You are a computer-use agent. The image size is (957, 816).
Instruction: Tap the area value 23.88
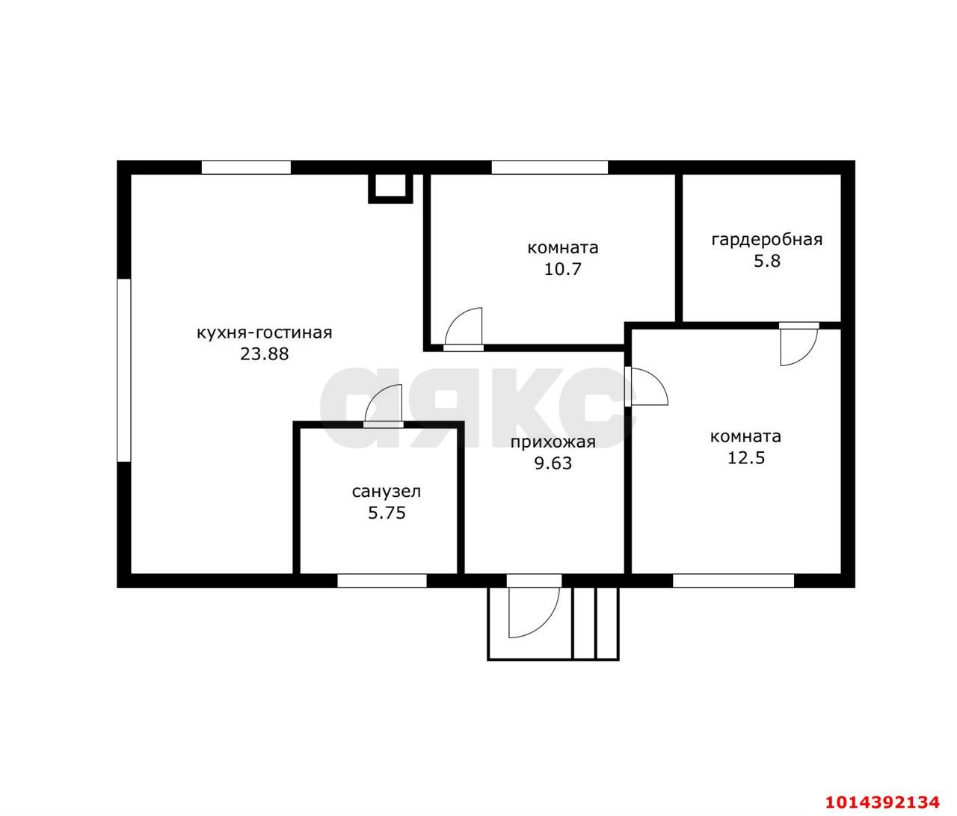click(x=265, y=354)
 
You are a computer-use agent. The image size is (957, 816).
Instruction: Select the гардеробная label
click(x=766, y=240)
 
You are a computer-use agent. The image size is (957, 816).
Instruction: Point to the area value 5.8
click(x=767, y=261)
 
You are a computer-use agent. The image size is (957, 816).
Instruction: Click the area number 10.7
click(x=562, y=269)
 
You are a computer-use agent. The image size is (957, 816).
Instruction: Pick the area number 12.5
click(x=746, y=458)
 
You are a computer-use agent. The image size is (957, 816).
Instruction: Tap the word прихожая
click(x=553, y=443)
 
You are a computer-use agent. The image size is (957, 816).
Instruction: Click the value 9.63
click(x=553, y=463)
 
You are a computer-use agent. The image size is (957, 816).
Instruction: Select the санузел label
click(x=386, y=492)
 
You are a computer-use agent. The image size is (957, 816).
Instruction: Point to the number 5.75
click(x=387, y=513)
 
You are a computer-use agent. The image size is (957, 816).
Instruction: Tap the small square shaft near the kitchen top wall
click(x=390, y=188)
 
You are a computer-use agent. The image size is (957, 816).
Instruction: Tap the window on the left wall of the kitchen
click(x=124, y=370)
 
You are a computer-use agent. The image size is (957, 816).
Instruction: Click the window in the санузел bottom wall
click(x=381, y=581)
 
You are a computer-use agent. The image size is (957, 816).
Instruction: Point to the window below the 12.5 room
click(x=733, y=581)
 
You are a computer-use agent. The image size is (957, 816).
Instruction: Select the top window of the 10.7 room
click(x=549, y=167)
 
